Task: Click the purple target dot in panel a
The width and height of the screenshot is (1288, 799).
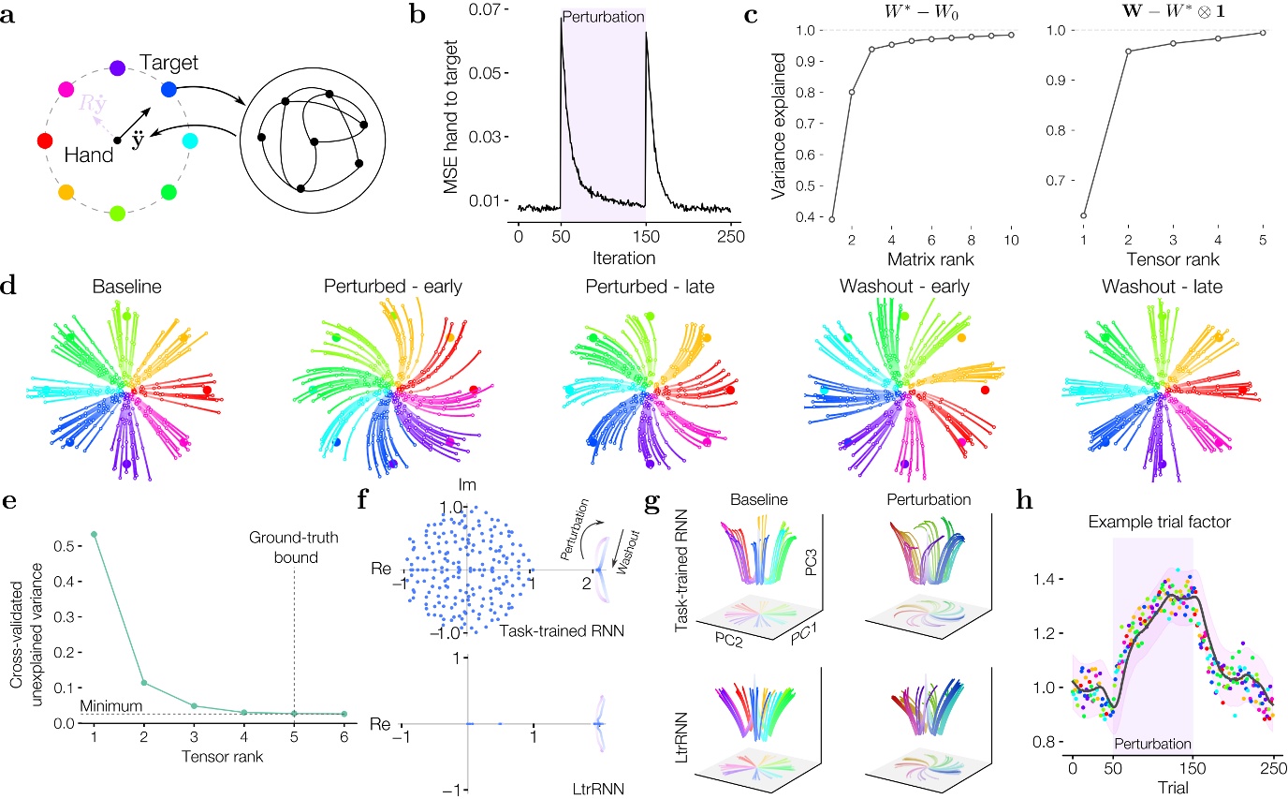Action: (117, 67)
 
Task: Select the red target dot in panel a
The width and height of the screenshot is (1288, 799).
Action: (43, 141)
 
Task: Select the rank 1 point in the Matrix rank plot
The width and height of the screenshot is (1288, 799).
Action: (829, 218)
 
